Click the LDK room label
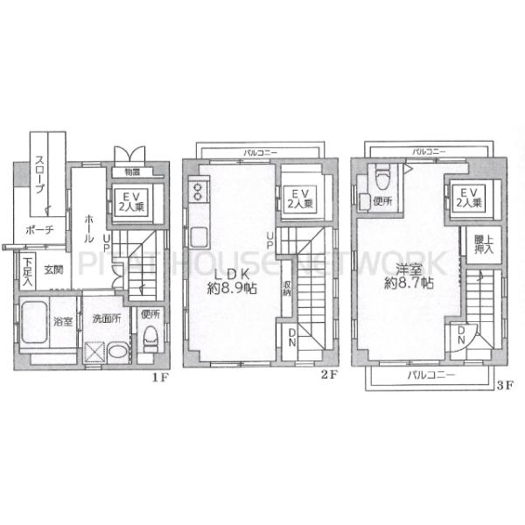[232, 271]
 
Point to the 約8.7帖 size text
[409, 283]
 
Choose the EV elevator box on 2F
[299, 199]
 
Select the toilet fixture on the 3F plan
[381, 178]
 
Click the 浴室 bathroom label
[60, 320]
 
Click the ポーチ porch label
[39, 228]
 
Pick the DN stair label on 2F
[290, 337]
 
